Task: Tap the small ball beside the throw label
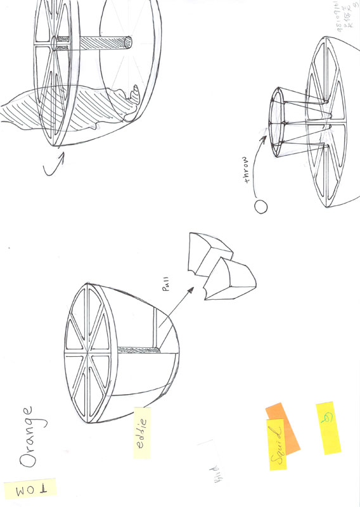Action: [x=259, y=206]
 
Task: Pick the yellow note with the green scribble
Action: [x=328, y=428]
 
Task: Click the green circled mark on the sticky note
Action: [x=328, y=418]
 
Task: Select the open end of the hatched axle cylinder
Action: [x=128, y=43]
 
